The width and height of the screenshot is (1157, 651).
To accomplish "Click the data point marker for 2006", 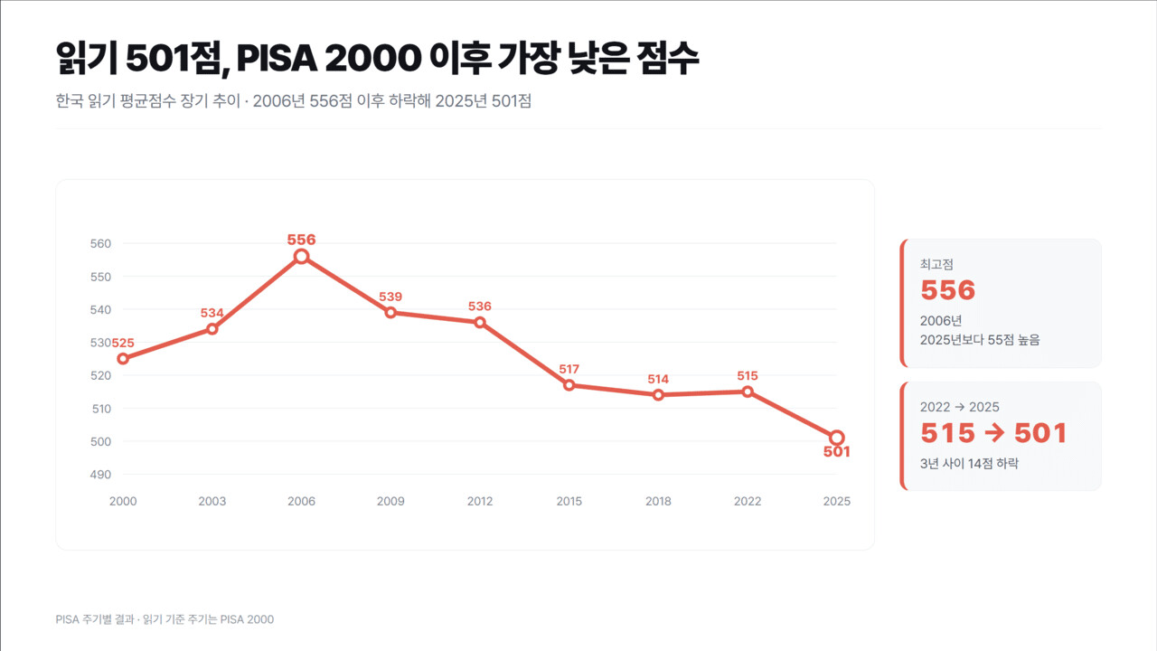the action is point(301,257).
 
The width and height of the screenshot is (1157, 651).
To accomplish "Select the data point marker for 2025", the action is point(837,439).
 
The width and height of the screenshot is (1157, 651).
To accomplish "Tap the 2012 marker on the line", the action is point(480,323).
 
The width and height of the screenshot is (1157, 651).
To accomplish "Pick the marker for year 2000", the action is point(123,359).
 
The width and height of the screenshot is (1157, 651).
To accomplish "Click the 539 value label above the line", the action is point(390,297).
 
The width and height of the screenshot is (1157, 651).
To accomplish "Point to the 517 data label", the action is point(569,369).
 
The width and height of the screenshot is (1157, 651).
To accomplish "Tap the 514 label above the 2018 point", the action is point(658,379).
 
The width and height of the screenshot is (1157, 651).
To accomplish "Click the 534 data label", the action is point(212,313).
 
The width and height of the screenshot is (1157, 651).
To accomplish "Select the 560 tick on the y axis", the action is point(100,243).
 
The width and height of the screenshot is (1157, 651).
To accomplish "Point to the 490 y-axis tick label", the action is point(100,475).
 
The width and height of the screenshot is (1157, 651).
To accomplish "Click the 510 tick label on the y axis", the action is point(102,409).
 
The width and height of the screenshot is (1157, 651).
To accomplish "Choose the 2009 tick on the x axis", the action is point(390,501).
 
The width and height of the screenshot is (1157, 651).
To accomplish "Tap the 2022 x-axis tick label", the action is point(748,501).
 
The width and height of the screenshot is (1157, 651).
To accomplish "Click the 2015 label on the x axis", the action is point(569,501).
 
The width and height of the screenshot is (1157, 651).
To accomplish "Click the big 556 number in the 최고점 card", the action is point(948,290).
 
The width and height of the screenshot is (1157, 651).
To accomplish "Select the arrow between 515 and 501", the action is point(994,433).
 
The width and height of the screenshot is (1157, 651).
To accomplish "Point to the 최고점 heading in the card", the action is point(936,265).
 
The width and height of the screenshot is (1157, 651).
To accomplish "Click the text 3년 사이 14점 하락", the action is point(969,464).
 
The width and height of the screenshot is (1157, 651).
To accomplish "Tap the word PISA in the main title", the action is point(277,58).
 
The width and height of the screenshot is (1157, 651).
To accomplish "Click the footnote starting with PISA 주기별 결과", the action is point(165,619).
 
